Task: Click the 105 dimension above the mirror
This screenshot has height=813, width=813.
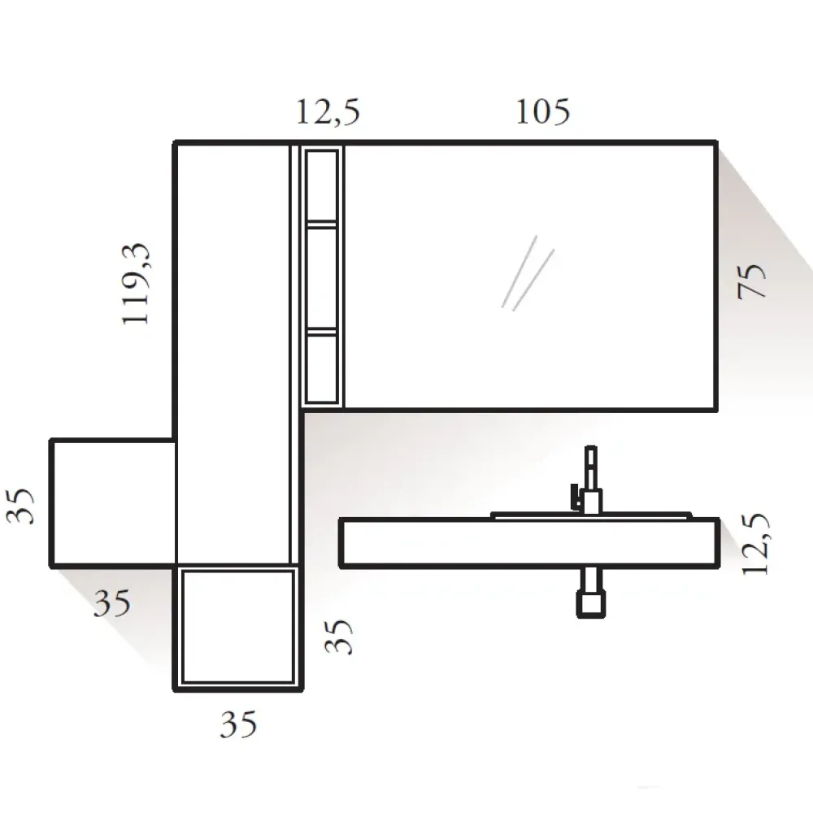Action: coord(542,112)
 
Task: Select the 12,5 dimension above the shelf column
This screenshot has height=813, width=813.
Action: coord(327,112)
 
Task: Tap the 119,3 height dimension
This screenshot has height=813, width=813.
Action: coord(136,284)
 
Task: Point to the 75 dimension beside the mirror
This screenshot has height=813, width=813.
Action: coord(753,281)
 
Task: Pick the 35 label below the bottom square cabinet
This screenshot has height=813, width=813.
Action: coord(238,723)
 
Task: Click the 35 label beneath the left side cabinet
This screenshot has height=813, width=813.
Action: coord(111,603)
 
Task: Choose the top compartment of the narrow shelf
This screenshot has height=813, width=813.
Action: coord(323,185)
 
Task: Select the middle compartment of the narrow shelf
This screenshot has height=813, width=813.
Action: coord(323,278)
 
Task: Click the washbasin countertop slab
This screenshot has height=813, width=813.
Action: coord(528,542)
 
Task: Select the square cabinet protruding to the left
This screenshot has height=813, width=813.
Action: coord(113,502)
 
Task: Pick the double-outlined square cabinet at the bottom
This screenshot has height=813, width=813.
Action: coord(237,627)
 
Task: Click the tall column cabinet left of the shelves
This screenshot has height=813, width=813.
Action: coord(233,350)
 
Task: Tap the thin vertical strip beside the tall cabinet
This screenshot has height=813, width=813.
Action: coord(295,350)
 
